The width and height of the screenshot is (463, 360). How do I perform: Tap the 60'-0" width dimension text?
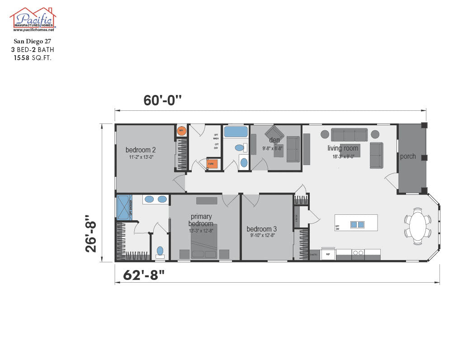(163, 100)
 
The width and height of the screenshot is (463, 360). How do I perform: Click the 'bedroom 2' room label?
(141, 150)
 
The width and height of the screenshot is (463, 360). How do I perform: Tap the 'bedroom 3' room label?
(262, 229)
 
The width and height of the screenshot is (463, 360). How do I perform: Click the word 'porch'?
(408, 156)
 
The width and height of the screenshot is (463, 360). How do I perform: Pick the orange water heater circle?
(181, 131)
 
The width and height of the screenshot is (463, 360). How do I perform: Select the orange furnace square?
(212, 164)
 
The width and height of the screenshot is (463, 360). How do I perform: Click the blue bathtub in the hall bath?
(236, 132)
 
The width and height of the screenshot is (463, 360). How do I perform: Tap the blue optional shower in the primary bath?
(123, 207)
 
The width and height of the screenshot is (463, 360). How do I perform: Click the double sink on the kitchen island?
(357, 224)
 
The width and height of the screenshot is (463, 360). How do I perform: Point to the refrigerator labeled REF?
(328, 255)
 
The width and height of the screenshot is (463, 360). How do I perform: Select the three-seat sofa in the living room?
(349, 135)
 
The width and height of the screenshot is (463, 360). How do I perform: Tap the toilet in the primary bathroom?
(160, 251)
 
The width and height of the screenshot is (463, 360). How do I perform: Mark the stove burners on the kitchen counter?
(358, 254)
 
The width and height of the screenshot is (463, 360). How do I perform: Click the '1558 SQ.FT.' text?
(33, 57)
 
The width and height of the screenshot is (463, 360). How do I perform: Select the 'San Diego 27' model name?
(33, 41)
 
